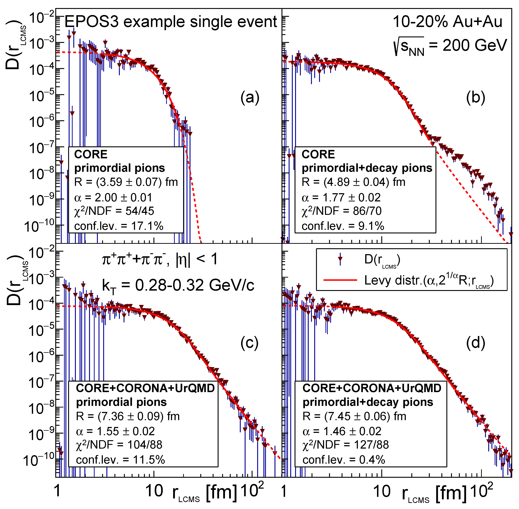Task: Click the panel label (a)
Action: pos(250,98)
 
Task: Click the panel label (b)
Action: pos(475,98)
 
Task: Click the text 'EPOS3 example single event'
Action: pos(171,22)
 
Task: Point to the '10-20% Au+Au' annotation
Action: pos(447,22)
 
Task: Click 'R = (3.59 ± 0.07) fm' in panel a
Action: pos(126,182)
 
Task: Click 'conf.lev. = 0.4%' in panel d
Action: pos(344,460)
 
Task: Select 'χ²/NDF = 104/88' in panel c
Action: pos(119,445)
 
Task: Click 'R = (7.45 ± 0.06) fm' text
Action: pos(354,416)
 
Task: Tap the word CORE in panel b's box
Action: pos(318,155)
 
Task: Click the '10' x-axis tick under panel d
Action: pos(382,491)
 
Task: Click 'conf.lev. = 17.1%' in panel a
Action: pos(119,226)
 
